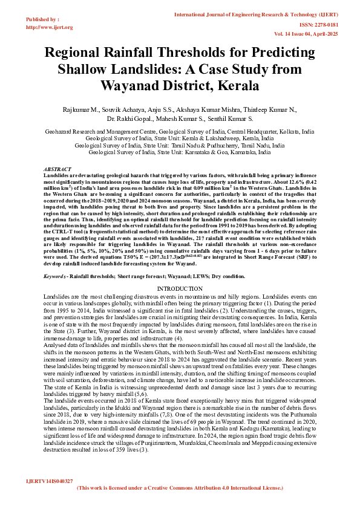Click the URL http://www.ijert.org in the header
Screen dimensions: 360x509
[x=50, y=27]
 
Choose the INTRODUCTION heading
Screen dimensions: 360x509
[x=180, y=289]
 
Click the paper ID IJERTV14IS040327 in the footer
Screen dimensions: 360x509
[x=50, y=481]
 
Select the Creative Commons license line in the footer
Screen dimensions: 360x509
[x=180, y=487]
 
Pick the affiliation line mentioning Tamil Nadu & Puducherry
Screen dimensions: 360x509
[x=180, y=146]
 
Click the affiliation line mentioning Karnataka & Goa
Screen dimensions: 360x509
[x=180, y=153]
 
